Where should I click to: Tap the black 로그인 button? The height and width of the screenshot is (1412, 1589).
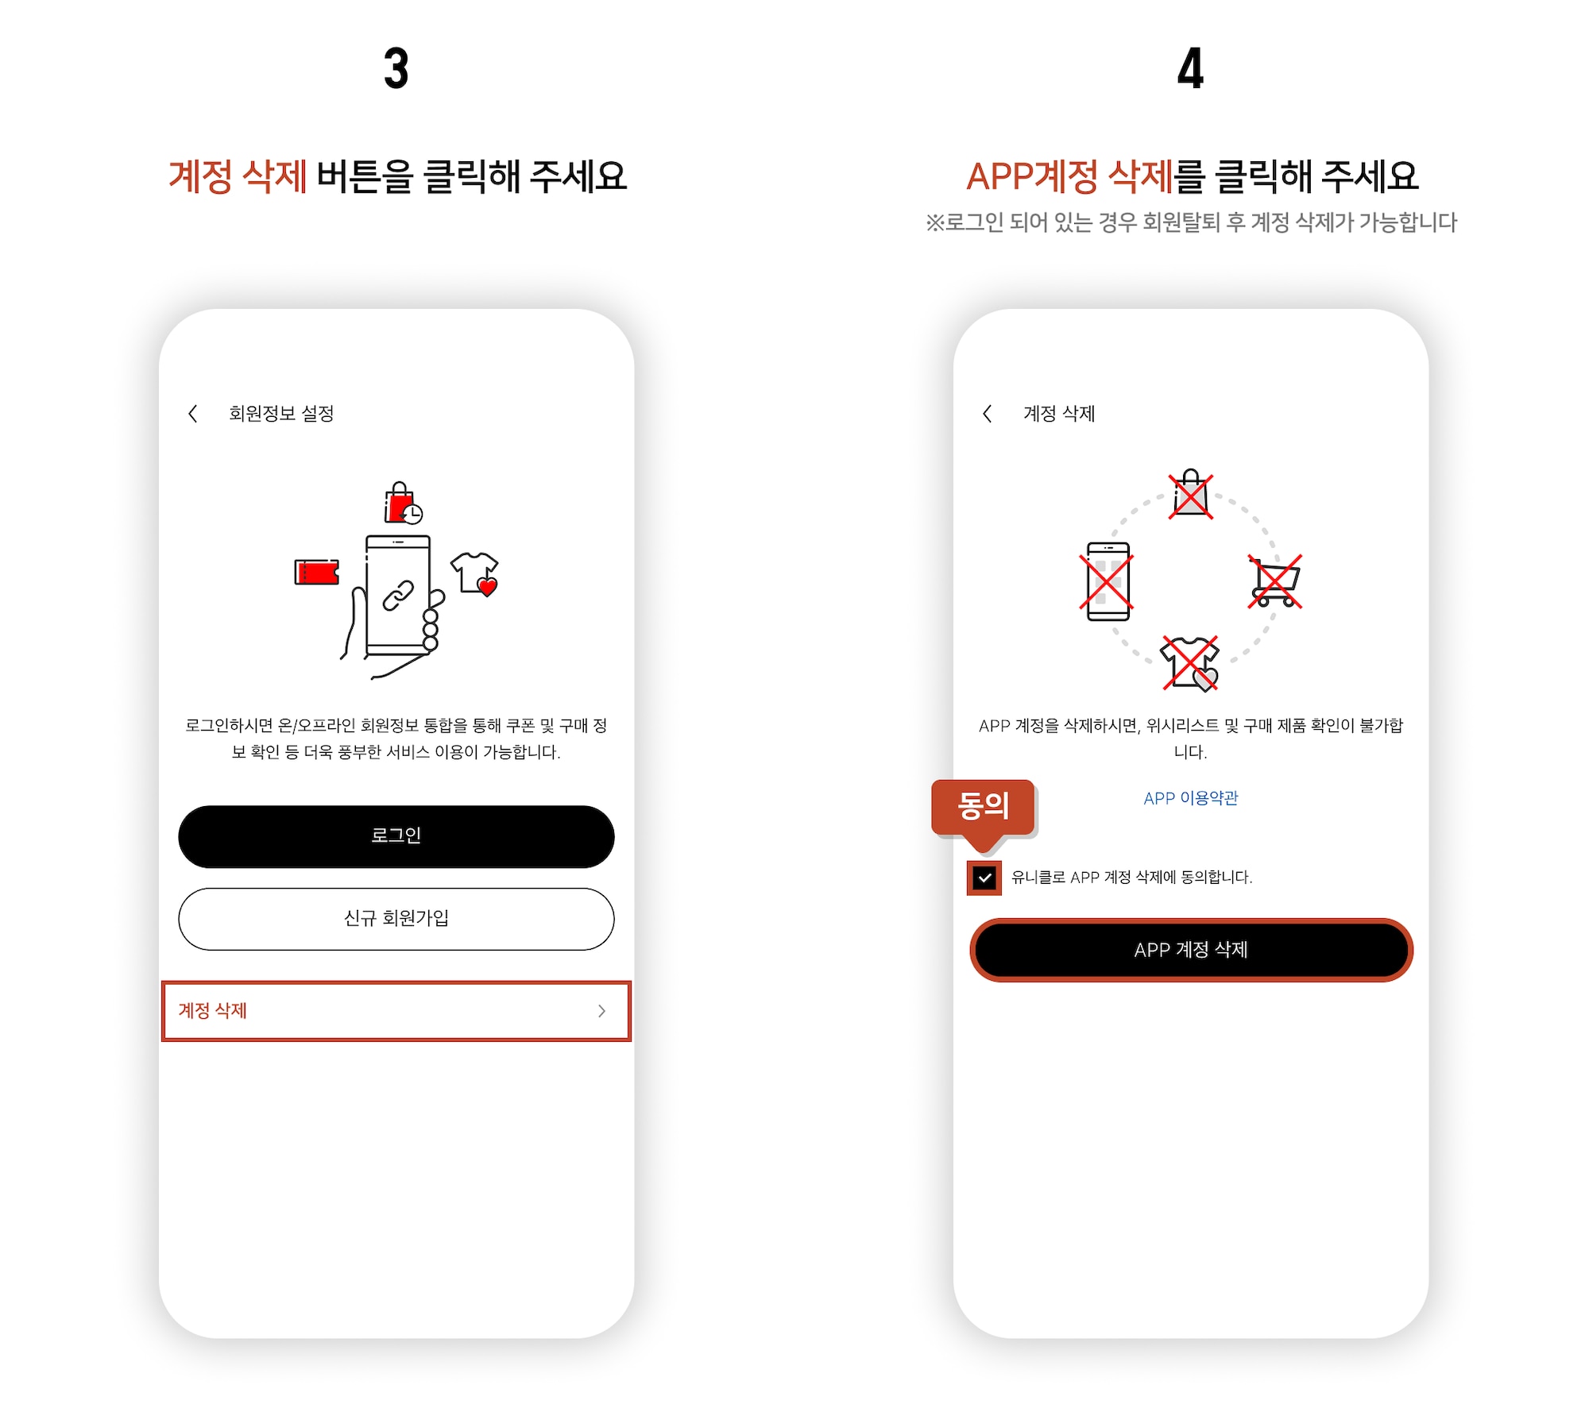[396, 836]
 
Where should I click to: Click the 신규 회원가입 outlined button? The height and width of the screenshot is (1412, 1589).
[396, 919]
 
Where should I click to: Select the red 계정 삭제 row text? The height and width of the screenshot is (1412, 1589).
[212, 1010]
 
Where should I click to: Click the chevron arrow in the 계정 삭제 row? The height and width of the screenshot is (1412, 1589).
[601, 1011]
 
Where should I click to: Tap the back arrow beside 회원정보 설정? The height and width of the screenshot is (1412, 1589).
[192, 413]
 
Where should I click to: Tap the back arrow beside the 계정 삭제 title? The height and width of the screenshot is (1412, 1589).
[987, 413]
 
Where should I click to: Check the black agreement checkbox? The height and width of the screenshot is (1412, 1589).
[984, 878]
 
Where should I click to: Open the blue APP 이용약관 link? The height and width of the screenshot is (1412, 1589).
[1190, 798]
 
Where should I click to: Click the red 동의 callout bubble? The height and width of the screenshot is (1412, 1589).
[983, 807]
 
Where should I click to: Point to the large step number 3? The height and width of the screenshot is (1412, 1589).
[396, 68]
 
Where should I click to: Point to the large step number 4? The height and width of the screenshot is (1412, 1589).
[1190, 68]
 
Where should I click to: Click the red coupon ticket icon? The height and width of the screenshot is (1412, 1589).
[316, 572]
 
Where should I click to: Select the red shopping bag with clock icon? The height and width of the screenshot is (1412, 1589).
[402, 503]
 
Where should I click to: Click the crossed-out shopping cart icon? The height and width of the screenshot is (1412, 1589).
[1274, 581]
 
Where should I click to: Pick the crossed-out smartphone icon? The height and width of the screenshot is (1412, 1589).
[1108, 581]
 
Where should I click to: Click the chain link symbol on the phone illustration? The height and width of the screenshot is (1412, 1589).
[398, 596]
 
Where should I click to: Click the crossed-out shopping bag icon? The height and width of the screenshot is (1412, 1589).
[1190, 496]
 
